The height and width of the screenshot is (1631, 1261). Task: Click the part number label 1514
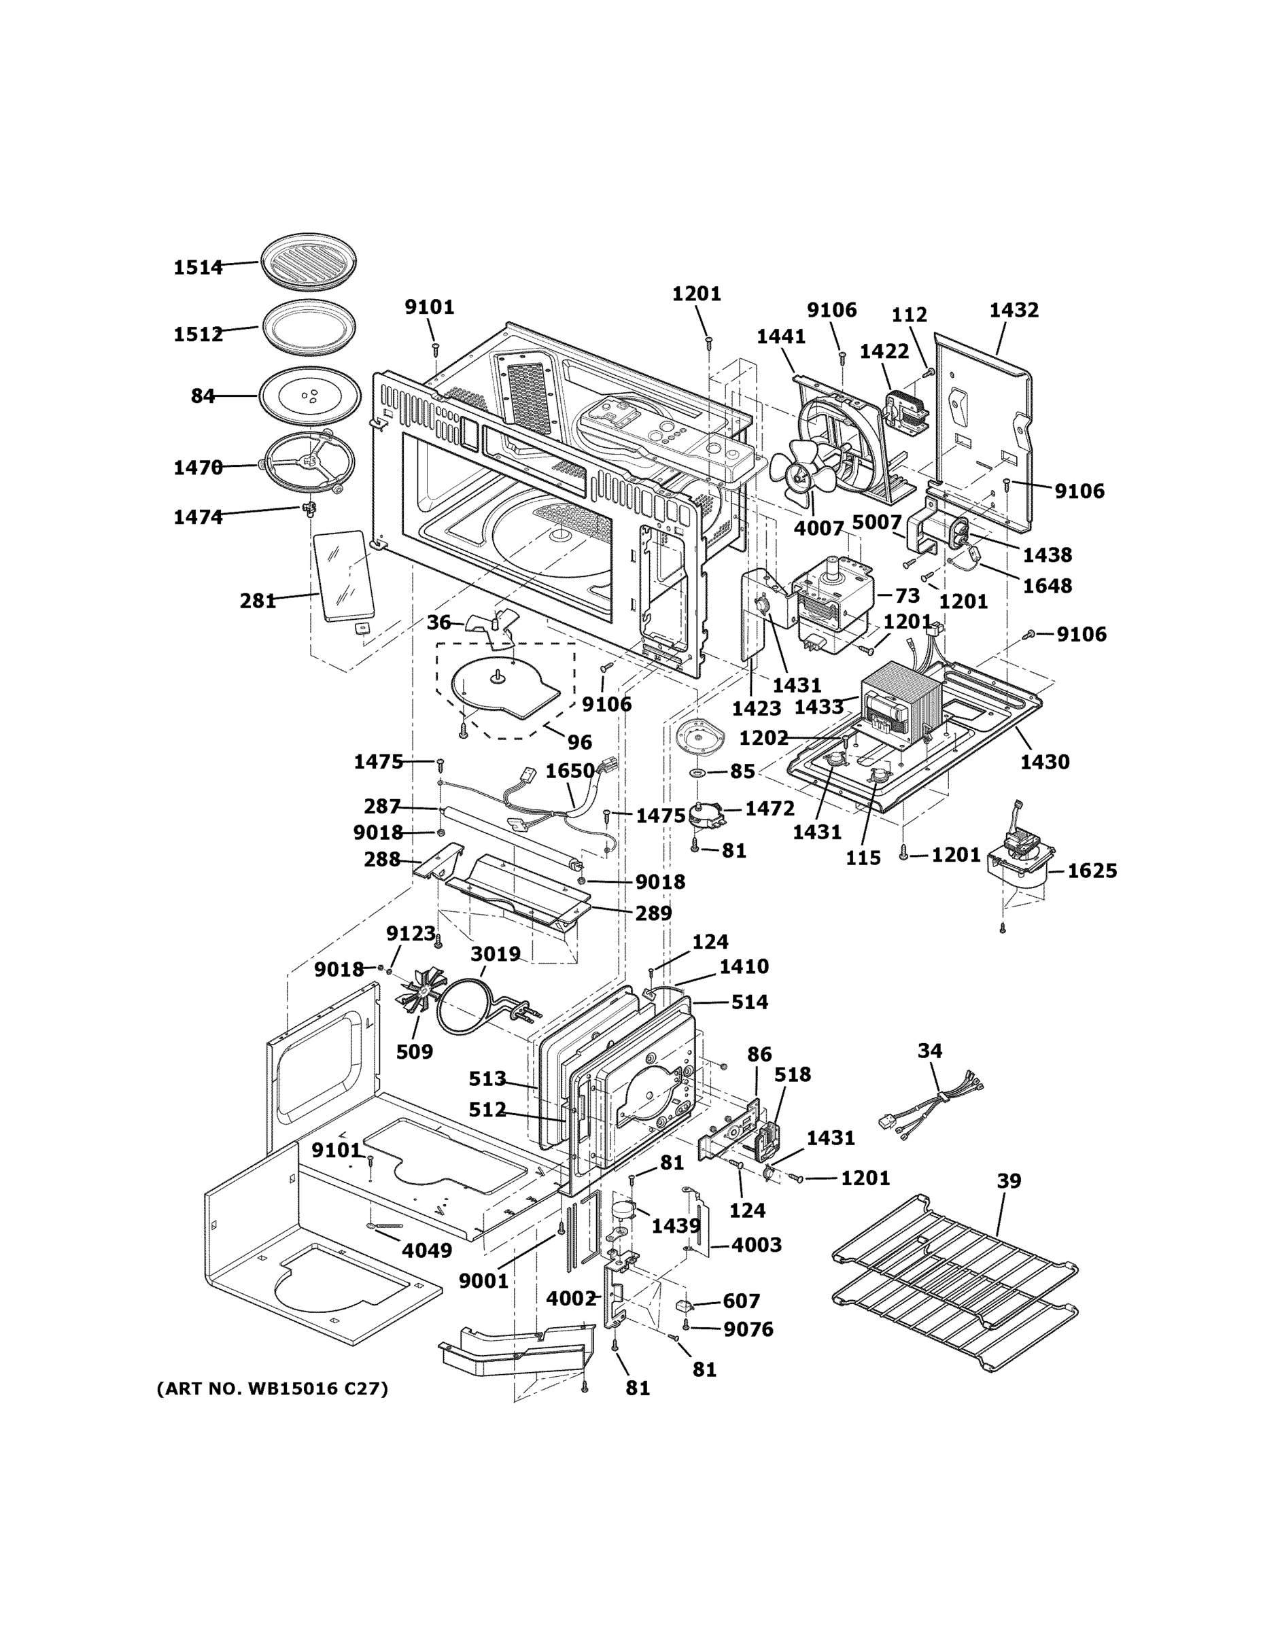pyautogui.click(x=198, y=267)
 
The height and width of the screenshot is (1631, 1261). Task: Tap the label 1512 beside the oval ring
pyautogui.click(x=198, y=334)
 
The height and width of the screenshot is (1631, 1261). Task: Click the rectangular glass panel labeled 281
pyautogui.click(x=345, y=576)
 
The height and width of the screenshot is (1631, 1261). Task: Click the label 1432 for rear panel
pyautogui.click(x=1014, y=310)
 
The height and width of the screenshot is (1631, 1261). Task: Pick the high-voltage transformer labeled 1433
pyautogui.click(x=900, y=702)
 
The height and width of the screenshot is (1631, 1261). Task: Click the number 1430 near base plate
pyautogui.click(x=1044, y=762)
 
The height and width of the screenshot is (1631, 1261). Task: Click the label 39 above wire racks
pyautogui.click(x=1009, y=1181)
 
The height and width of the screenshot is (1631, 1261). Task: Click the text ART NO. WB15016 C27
pyautogui.click(x=272, y=1388)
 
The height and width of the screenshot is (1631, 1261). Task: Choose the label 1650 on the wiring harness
pyautogui.click(x=569, y=771)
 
